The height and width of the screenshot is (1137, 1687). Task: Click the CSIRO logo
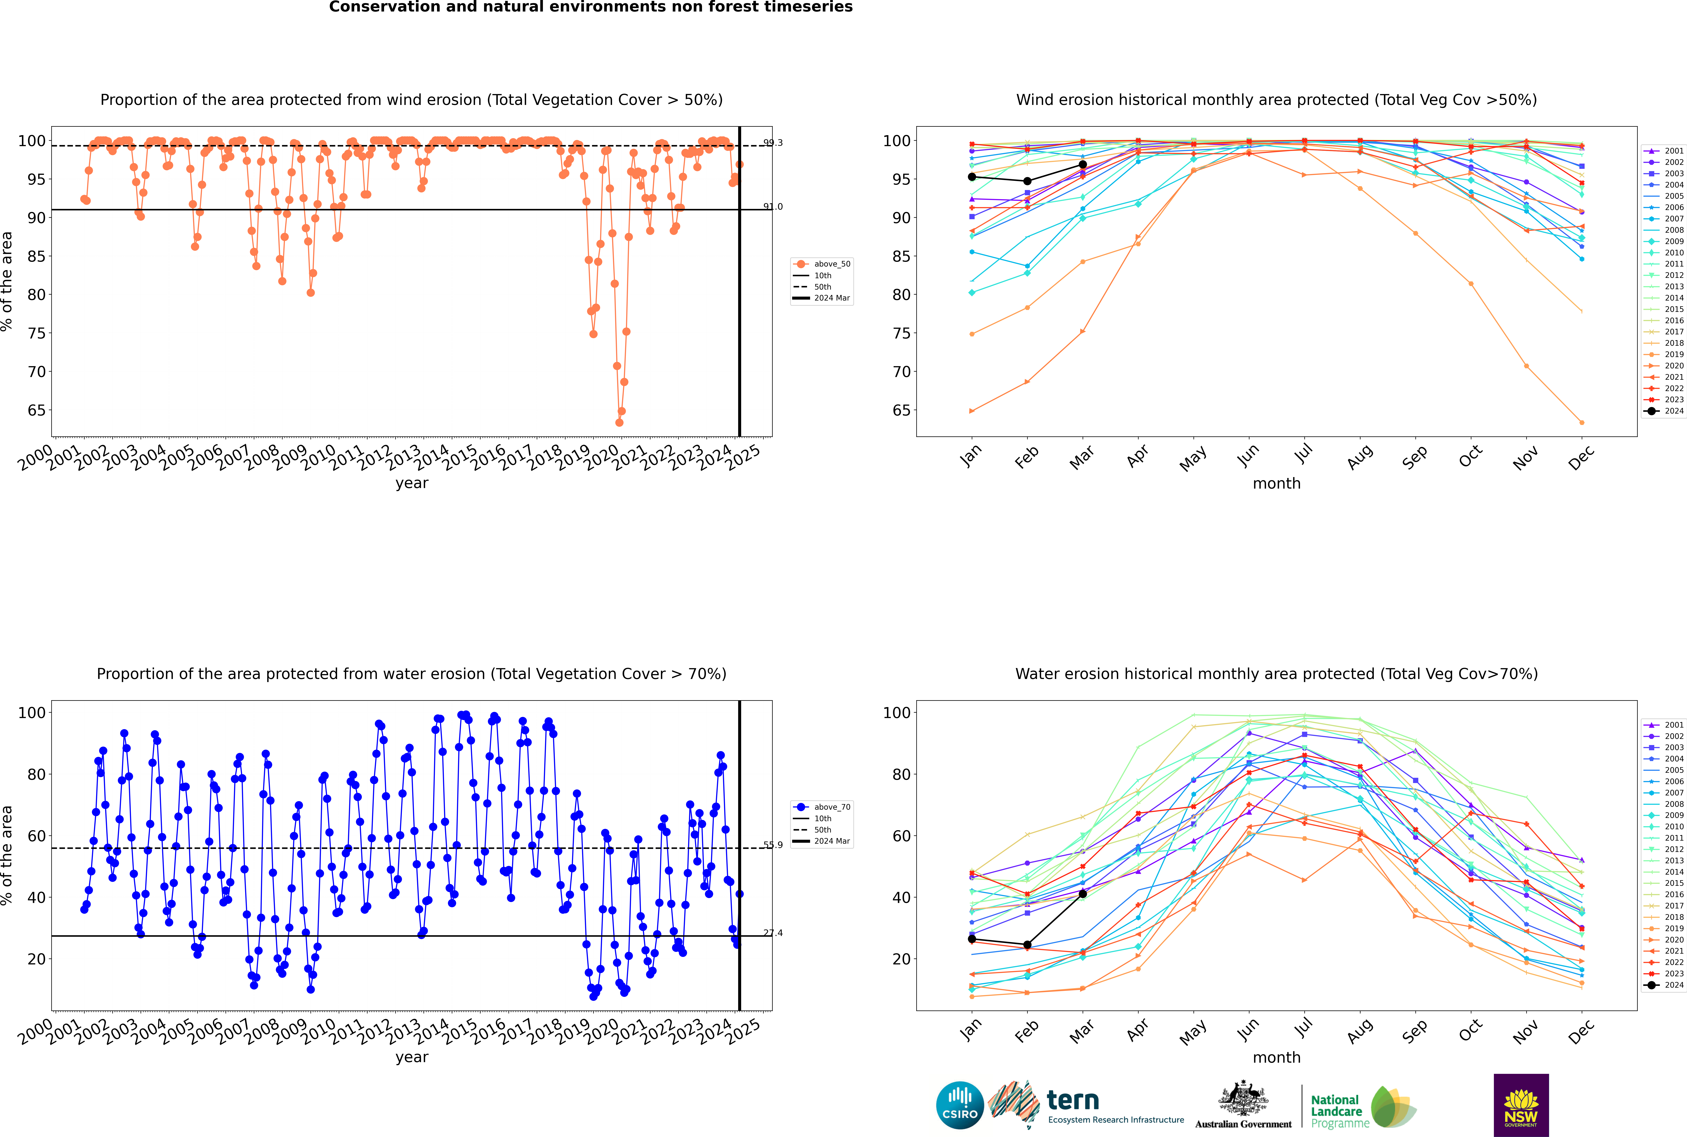click(960, 1106)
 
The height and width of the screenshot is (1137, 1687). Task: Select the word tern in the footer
click(1073, 1100)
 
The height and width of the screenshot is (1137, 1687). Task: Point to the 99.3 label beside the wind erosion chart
click(773, 143)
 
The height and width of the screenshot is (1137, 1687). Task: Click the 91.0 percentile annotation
click(773, 207)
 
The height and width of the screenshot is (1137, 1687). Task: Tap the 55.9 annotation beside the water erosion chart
click(773, 845)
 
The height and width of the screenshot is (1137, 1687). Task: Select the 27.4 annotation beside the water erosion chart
click(773, 933)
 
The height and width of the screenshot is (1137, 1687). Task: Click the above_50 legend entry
click(822, 264)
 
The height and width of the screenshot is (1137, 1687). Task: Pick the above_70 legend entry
click(822, 807)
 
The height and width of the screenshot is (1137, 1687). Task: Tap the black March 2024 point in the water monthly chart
click(1083, 894)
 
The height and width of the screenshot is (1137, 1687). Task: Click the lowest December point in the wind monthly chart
click(1582, 423)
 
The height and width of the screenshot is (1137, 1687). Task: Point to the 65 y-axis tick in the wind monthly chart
click(901, 410)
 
